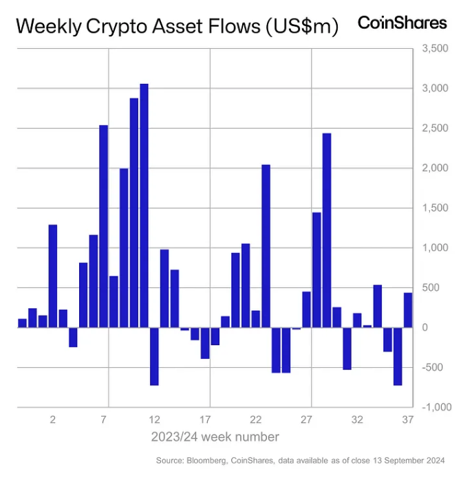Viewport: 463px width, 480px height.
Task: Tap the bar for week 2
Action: [53, 276]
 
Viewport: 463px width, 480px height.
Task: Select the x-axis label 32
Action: [357, 419]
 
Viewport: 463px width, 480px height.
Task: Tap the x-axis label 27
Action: [307, 419]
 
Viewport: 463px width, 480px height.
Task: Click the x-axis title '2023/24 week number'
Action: [215, 437]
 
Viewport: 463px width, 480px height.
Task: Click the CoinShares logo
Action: [402, 23]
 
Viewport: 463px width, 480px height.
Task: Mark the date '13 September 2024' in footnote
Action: [409, 460]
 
